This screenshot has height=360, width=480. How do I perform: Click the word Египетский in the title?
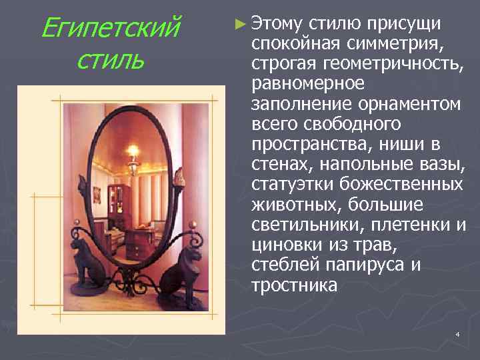[110, 29]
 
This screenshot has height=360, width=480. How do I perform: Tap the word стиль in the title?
[110, 61]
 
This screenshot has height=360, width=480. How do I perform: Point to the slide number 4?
[457, 333]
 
